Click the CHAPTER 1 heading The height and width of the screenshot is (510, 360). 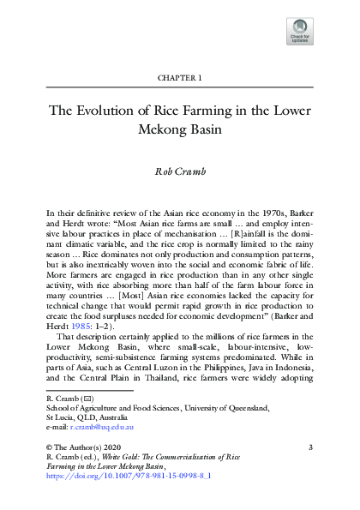click(x=180, y=78)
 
